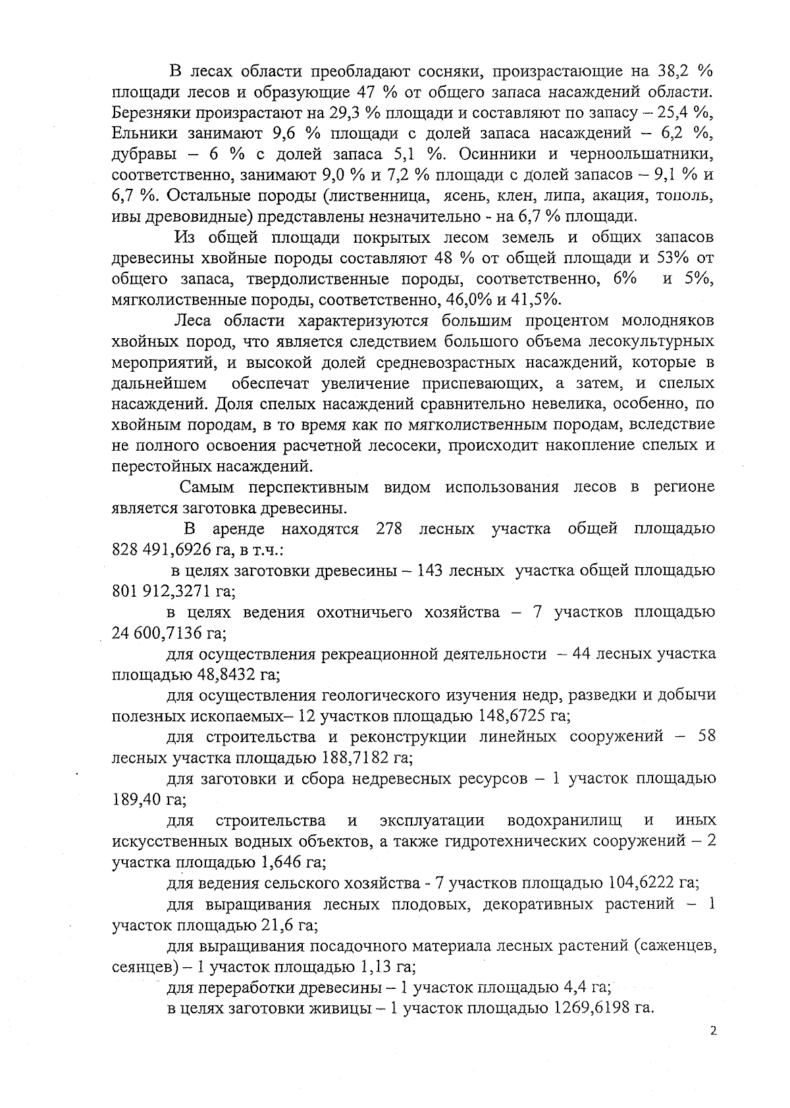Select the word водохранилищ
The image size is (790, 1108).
(566, 820)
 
